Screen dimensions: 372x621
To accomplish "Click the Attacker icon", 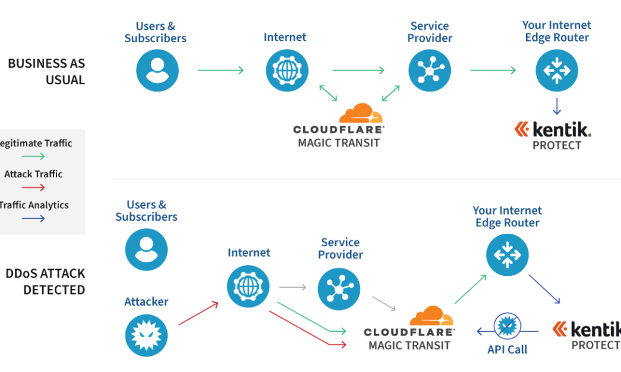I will tap(147, 335).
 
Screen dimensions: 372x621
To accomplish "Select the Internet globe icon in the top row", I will tap(287, 70).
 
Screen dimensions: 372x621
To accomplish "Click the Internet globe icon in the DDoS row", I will tap(248, 286).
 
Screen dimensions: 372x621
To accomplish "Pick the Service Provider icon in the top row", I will tap(430, 70).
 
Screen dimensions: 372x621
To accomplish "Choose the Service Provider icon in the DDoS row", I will tap(339, 289).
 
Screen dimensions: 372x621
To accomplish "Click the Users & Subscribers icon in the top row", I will tap(158, 70).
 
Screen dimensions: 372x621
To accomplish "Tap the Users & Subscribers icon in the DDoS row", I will tap(147, 250).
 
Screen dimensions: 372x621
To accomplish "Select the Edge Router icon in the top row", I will tap(556, 70).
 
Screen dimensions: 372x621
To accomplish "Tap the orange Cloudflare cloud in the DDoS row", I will tap(431, 317).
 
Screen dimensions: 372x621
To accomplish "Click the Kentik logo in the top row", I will tap(553, 129).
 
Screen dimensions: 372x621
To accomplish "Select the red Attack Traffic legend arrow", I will tap(34, 187).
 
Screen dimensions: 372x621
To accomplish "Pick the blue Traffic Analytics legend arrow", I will tap(34, 218).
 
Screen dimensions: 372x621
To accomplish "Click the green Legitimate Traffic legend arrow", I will tap(34, 156).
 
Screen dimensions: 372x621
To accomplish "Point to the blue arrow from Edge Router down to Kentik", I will tap(556, 106).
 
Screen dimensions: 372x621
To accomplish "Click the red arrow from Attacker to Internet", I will tap(198, 314).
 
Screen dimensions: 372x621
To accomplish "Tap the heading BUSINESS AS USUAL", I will tap(47, 71).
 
